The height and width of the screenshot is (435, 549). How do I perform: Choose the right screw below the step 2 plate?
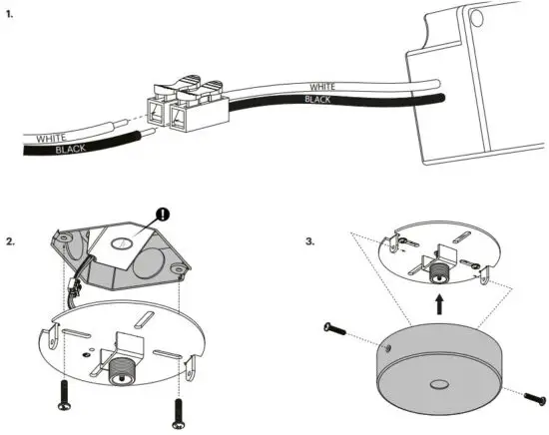180,410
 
